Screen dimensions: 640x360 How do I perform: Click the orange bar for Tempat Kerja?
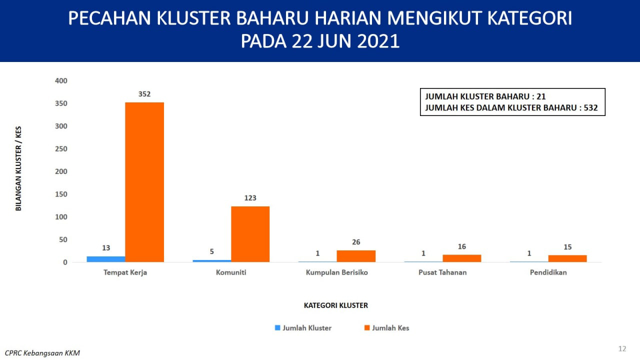(x=144, y=182)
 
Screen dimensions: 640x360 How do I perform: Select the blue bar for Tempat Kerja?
(x=106, y=259)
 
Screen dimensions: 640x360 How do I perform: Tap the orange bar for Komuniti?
(x=250, y=234)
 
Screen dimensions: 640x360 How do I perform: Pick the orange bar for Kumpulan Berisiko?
(x=356, y=256)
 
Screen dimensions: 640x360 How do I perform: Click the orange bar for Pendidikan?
(x=567, y=258)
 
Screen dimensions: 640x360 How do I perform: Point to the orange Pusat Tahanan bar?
(x=462, y=258)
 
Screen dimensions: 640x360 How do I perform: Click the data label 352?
(x=144, y=94)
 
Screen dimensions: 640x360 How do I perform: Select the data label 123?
(x=250, y=198)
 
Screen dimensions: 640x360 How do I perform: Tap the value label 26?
(x=356, y=242)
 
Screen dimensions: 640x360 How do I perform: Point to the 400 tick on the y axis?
(x=61, y=81)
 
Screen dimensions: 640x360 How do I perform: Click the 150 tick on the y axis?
(x=61, y=194)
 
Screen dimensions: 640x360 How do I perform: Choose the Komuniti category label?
(x=231, y=272)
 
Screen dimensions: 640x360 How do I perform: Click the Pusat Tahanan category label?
(x=442, y=272)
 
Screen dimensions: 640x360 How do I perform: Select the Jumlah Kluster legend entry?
(x=303, y=327)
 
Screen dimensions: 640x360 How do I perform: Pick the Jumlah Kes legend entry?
(x=387, y=327)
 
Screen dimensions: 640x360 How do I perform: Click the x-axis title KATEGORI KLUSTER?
(x=336, y=305)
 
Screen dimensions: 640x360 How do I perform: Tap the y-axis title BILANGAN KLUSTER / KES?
(x=18, y=168)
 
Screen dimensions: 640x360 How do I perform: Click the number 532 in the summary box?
(x=591, y=107)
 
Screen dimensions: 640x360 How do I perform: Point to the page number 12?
(x=622, y=348)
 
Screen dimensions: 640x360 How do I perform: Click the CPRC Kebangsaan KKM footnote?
(x=42, y=353)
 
